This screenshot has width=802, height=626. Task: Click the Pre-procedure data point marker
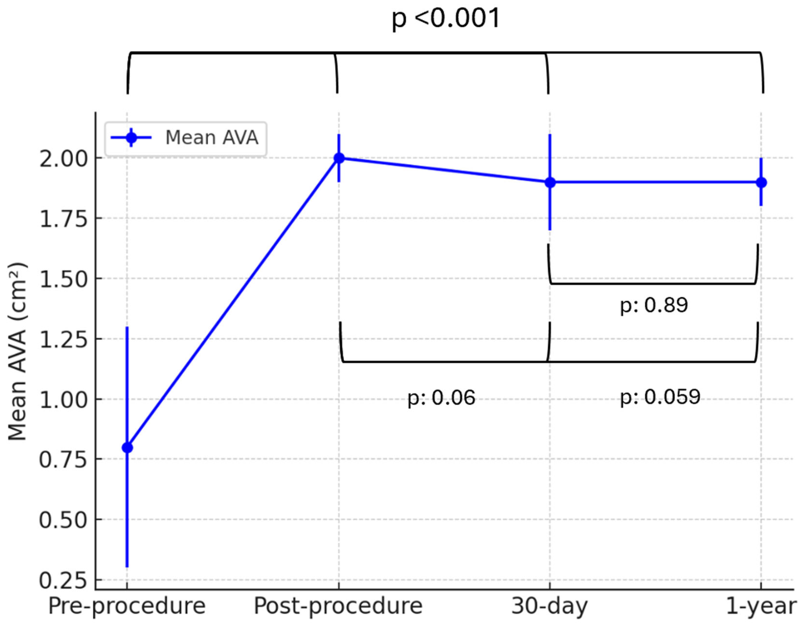click(x=128, y=448)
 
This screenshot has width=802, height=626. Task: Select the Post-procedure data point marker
click(x=339, y=158)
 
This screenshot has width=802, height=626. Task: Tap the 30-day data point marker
click(x=550, y=182)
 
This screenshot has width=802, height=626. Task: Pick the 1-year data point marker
click(x=761, y=182)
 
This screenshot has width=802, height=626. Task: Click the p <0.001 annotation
click(x=446, y=18)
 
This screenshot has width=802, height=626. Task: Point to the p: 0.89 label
click(x=654, y=305)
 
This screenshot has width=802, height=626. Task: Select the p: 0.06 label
click(x=441, y=398)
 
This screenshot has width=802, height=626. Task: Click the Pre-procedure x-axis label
click(x=127, y=606)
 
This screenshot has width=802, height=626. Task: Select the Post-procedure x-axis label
click(x=338, y=606)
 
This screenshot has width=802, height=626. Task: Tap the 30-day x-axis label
click(x=550, y=606)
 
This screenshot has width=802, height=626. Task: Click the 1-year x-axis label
click(x=761, y=606)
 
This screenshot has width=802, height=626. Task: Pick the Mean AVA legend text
click(x=212, y=138)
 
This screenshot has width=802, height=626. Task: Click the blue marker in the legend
click(x=131, y=138)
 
